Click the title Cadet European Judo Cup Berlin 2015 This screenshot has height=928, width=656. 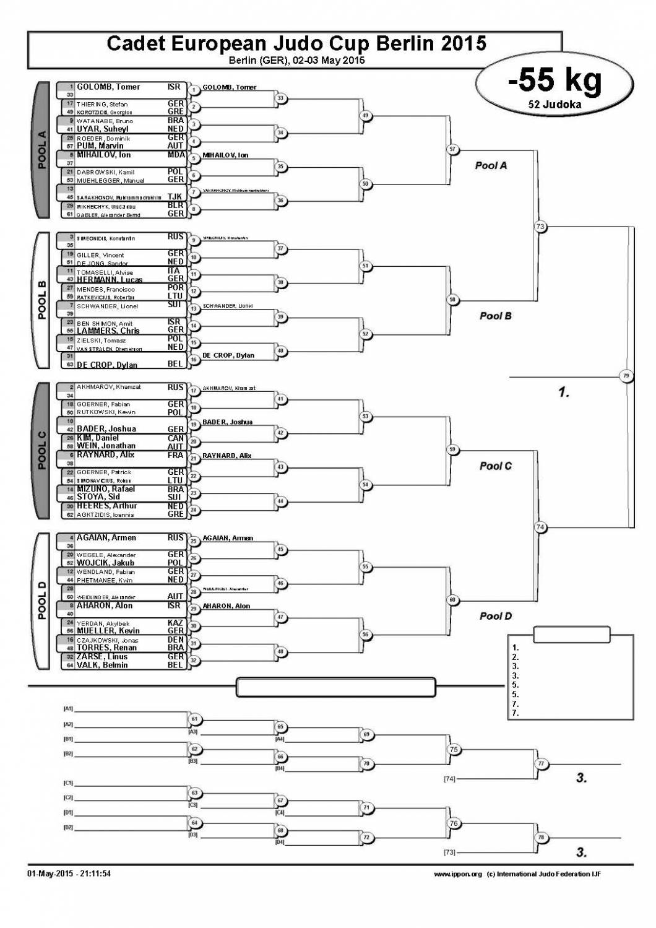296,43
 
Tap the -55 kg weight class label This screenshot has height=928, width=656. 555,80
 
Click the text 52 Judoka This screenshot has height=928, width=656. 555,105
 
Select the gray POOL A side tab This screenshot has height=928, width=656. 42,150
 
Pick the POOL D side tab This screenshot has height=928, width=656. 42,601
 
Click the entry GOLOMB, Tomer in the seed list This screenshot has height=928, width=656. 108,87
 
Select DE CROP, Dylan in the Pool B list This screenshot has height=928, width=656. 107,365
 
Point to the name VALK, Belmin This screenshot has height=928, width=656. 102,665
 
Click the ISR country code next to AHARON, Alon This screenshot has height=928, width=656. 175,605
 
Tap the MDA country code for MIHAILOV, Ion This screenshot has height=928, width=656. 176,155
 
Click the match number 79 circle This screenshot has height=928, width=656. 626,376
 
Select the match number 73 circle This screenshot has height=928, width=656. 540,227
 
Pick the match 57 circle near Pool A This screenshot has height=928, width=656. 452,149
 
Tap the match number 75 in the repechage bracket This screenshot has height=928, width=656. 454,750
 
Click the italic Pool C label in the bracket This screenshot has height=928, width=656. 495,466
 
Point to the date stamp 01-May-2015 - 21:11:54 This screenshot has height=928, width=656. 69,874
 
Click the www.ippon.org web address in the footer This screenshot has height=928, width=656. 457,874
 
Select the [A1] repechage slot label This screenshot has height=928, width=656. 68,708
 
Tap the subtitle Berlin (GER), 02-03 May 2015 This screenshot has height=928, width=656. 296,61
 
